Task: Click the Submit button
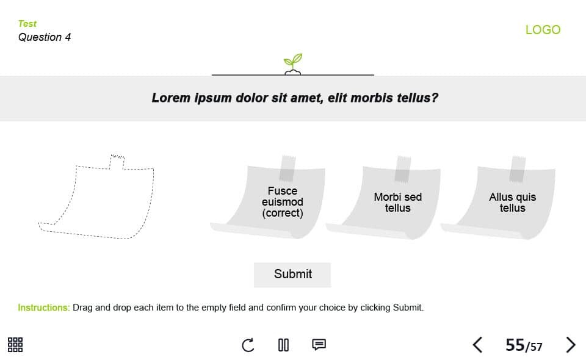tap(292, 275)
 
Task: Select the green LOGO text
tap(543, 30)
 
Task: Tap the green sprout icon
tap(292, 64)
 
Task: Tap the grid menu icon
tap(15, 345)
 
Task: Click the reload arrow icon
tap(248, 345)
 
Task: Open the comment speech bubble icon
tap(319, 344)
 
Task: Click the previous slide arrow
tap(477, 345)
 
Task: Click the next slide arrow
tap(570, 345)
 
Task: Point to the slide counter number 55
tap(515, 345)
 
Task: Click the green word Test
tap(27, 24)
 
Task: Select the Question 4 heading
tap(45, 37)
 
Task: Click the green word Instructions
tap(44, 308)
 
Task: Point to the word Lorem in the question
tap(171, 98)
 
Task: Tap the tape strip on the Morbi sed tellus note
tap(403, 169)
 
